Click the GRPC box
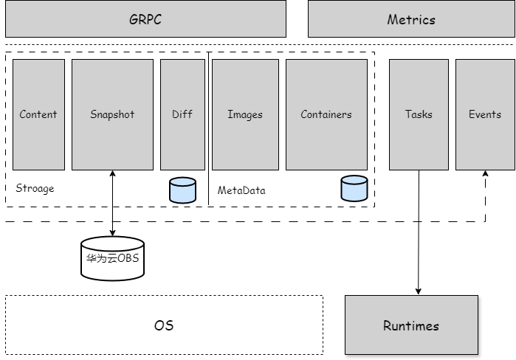tap(145, 18)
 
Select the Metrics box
tap(410, 18)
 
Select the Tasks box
tap(419, 114)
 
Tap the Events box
tap(485, 114)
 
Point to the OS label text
tap(164, 325)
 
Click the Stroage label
tap(35, 188)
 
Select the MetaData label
tap(241, 190)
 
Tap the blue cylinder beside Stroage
tap(182, 190)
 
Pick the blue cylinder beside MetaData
tap(354, 188)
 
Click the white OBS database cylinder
tap(112, 258)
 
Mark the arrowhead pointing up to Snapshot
tap(112, 175)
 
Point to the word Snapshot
tap(112, 114)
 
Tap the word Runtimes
tap(411, 325)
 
